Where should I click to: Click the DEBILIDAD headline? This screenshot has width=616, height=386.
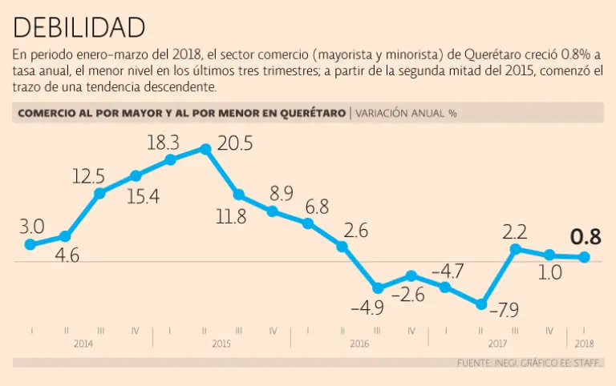click(79, 28)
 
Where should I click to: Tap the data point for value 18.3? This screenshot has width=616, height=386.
click(171, 160)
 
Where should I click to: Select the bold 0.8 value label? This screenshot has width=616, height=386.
click(586, 237)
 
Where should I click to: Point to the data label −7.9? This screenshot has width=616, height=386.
click(505, 309)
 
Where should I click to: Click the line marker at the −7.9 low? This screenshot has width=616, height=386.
click(480, 304)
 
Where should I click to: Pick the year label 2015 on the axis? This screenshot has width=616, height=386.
click(221, 344)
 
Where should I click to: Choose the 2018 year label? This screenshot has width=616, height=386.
click(585, 344)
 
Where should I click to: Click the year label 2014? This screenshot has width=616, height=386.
click(83, 344)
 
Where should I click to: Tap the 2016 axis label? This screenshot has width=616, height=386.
click(359, 344)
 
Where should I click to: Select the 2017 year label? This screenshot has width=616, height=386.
click(498, 344)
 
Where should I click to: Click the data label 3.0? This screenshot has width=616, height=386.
click(31, 227)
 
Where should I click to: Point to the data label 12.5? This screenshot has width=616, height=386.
click(87, 175)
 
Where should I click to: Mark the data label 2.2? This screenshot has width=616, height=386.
click(514, 233)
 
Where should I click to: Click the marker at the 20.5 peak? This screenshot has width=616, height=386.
click(205, 149)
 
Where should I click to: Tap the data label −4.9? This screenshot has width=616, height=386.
click(367, 308)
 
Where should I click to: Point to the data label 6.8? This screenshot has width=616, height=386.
click(317, 207)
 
